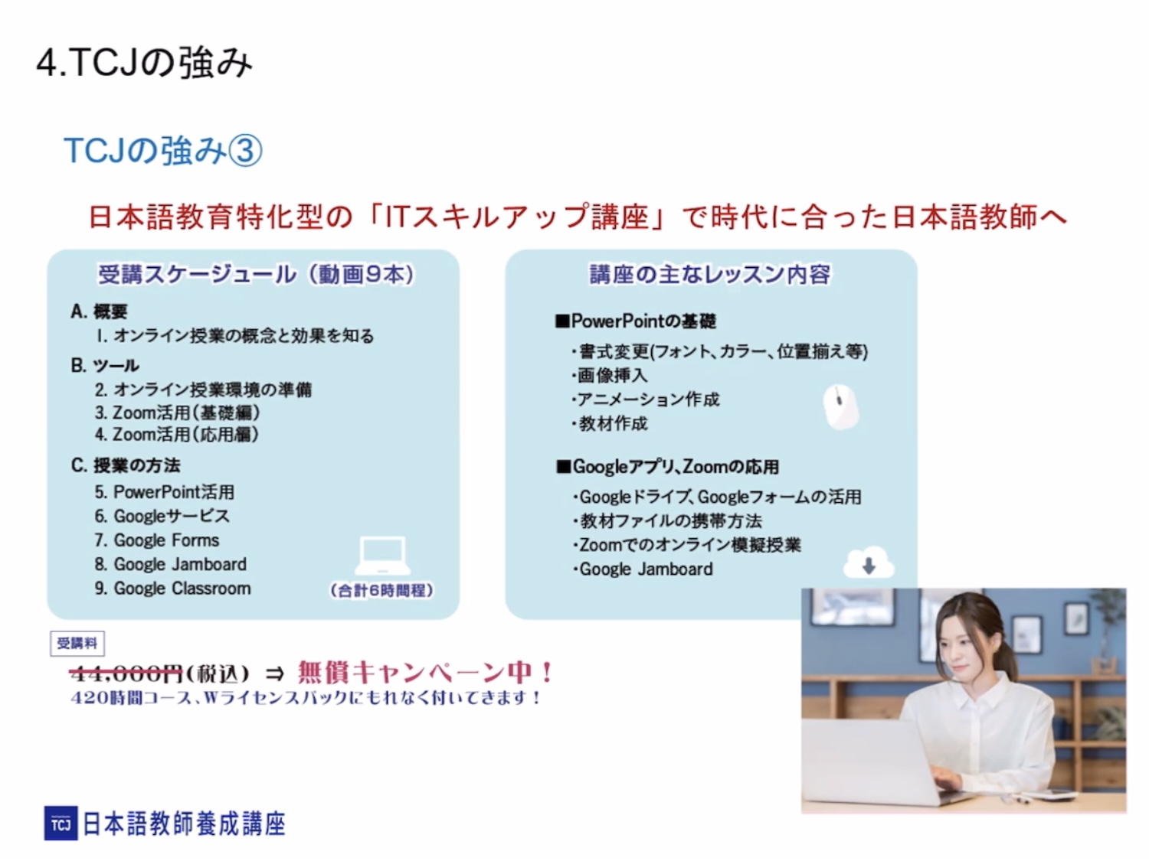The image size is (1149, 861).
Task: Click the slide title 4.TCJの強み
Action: [x=145, y=63]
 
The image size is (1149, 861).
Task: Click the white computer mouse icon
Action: [x=841, y=406]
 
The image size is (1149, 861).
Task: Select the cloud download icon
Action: [x=869, y=563]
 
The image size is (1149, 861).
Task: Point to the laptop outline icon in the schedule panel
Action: [x=383, y=556]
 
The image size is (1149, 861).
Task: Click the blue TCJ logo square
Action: [x=61, y=823]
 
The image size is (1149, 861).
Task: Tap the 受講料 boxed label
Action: [x=77, y=643]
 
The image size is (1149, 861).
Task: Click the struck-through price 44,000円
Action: [x=126, y=673]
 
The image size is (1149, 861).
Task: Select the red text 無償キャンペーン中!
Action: [x=425, y=672]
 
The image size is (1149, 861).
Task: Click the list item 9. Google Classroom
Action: [x=173, y=589]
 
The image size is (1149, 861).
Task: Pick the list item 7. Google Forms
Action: [x=157, y=540]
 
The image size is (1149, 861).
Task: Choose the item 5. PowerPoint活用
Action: [x=165, y=492]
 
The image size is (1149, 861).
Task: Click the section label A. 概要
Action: [x=99, y=311]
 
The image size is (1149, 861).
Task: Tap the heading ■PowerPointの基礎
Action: [x=636, y=321]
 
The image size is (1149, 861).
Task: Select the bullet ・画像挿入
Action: [x=609, y=375]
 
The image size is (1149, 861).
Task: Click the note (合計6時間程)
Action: [x=381, y=591]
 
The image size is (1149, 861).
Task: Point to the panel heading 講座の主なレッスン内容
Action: [x=710, y=275]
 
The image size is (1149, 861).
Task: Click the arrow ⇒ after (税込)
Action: [x=275, y=673]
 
